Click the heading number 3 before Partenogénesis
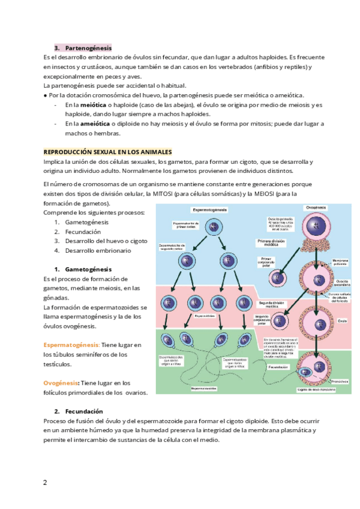pyautogui.click(x=56, y=47)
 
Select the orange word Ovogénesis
pyautogui.click(x=61, y=383)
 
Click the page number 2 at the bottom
pyautogui.click(x=44, y=482)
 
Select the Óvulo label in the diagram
pyautogui.click(x=343, y=321)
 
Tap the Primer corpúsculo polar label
pyautogui.click(x=267, y=262)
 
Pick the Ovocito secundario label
pyautogui.click(x=343, y=283)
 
